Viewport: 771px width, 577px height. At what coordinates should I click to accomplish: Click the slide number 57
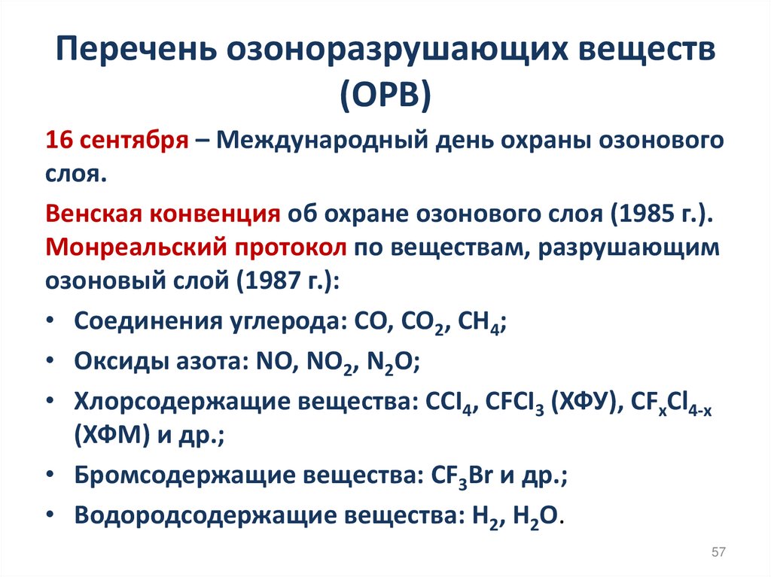pos(718,553)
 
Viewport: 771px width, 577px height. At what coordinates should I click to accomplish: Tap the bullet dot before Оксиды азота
pos(49,361)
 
